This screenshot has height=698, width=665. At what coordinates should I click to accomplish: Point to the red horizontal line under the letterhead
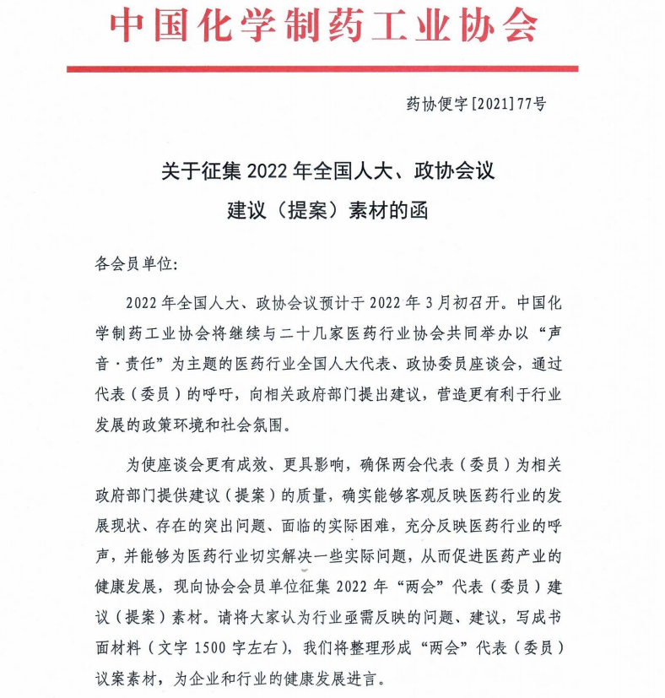[322, 68]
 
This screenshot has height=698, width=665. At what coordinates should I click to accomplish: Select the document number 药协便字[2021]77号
[476, 104]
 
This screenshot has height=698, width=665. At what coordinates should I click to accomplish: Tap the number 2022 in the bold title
[268, 172]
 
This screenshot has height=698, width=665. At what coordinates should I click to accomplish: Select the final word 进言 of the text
[365, 677]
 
